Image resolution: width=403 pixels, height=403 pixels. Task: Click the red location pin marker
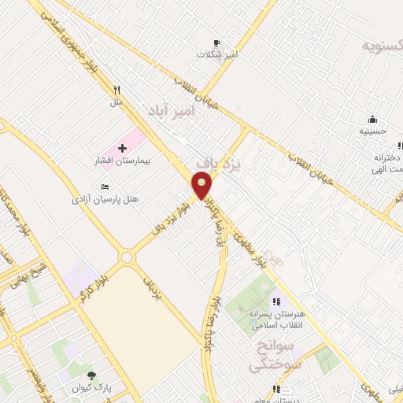[x=202, y=185]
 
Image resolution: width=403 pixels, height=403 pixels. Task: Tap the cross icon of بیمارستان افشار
[x=122, y=148]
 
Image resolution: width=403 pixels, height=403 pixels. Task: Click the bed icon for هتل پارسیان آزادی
[x=105, y=187]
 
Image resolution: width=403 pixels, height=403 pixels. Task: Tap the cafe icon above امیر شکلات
[x=217, y=43]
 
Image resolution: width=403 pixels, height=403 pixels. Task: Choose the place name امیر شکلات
[x=217, y=55]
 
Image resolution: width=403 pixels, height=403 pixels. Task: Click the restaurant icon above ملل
[x=116, y=90]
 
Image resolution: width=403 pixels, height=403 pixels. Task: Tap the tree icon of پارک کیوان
[x=92, y=375]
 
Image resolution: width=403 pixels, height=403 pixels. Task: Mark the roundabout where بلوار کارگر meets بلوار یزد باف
[x=125, y=257]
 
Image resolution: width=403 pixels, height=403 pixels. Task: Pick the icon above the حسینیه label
[x=372, y=120]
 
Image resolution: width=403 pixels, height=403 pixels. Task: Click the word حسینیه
[x=372, y=131]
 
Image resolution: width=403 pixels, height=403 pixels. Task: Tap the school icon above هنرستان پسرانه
[x=275, y=301]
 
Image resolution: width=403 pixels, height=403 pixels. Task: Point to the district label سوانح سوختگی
[x=270, y=356]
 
